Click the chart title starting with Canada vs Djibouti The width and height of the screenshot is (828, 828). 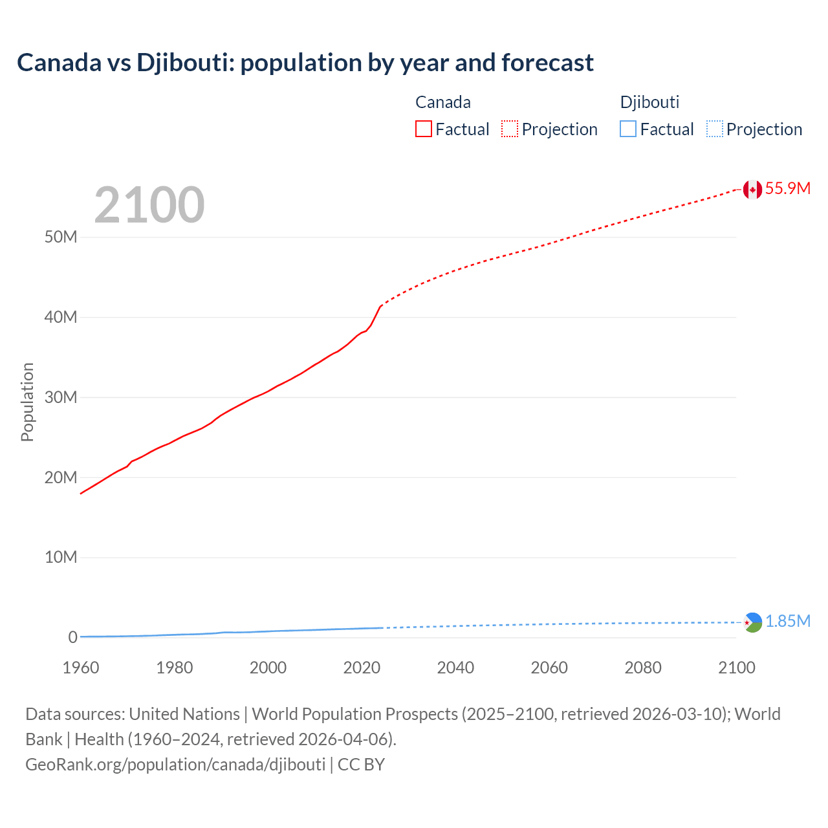305,63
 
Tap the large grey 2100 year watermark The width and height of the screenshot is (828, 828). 149,205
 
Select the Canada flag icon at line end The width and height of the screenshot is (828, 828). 752,190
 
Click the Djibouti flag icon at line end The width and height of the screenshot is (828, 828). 752,622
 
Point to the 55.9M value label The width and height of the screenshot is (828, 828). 787,188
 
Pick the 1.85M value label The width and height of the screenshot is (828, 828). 787,622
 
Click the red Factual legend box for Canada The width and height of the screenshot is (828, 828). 424,129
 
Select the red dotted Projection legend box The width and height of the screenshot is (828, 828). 510,129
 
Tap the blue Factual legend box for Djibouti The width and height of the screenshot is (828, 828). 628,129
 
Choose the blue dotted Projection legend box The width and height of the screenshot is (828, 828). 714,129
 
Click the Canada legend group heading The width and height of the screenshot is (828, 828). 443,102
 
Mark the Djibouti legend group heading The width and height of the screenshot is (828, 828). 649,102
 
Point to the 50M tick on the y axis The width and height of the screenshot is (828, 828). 61,237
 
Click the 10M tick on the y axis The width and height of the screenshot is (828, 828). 61,557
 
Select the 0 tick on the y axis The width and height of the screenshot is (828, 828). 72,637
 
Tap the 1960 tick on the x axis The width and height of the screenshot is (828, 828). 81,668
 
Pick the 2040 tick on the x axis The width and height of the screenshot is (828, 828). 455,668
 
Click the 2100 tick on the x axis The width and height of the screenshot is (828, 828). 736,668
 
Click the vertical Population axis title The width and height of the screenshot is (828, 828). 27,402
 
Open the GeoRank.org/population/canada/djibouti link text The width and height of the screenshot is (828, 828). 175,765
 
